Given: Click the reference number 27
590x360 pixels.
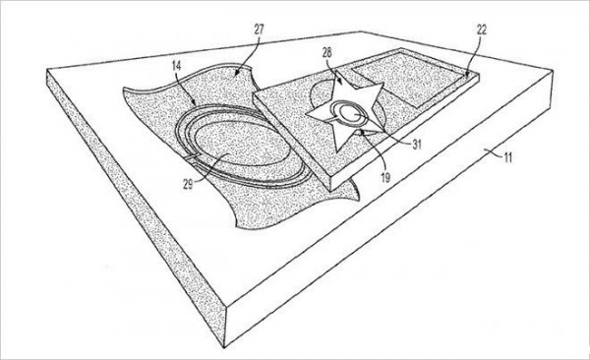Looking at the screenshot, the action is pos(259,30).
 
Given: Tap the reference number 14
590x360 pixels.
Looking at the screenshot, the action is pos(176,66).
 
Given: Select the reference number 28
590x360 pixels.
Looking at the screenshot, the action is pos(327,53).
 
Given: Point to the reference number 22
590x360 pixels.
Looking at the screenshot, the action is pos(481,30).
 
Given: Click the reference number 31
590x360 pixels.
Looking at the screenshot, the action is pos(417,145).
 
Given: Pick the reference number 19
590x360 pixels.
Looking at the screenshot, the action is pos(385,177).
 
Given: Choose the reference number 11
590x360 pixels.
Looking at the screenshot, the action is pos(508,157).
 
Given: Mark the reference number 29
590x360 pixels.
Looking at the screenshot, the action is pos(188,184).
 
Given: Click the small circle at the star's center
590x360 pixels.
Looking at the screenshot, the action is pos(351,114).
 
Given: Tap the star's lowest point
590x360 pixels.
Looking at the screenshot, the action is pos(336,152).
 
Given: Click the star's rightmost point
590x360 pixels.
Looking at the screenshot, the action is pos(383,84).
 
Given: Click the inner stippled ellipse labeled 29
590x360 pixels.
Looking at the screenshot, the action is pos(243,145).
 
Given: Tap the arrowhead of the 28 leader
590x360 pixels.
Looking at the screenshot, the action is pos(340,82).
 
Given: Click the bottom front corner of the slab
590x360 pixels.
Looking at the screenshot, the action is pos(224,347).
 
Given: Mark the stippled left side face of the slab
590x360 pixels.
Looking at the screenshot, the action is pos(136,208).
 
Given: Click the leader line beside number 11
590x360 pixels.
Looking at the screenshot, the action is pos(494,152).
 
